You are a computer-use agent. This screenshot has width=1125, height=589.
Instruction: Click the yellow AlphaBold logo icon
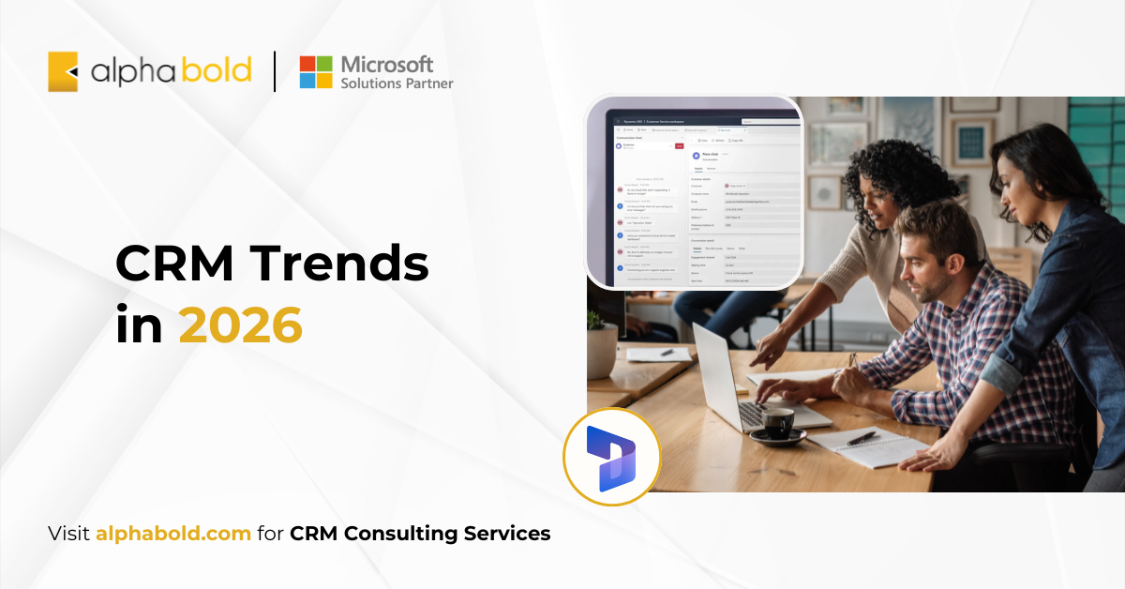[x=63, y=72]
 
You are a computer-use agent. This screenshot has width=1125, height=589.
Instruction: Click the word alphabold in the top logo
[x=171, y=71]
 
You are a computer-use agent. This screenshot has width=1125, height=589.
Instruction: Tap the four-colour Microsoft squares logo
[x=316, y=72]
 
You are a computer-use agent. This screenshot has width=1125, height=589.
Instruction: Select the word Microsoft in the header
[x=387, y=65]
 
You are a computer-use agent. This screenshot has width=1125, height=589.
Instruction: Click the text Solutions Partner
[x=397, y=83]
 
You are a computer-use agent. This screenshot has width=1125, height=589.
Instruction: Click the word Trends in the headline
[x=341, y=265]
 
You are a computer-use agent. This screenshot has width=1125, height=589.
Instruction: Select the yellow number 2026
[x=241, y=325]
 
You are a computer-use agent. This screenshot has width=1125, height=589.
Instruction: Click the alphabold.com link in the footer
[x=173, y=534]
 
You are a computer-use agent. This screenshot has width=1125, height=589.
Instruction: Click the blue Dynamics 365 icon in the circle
[x=611, y=457]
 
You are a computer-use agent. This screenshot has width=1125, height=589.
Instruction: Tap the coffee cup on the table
[x=778, y=424]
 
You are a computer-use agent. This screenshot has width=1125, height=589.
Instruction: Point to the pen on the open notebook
[x=862, y=438]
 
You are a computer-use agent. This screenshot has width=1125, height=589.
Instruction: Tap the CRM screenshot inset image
[x=694, y=192]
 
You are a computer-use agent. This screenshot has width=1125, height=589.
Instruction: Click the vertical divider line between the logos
[x=275, y=72]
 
